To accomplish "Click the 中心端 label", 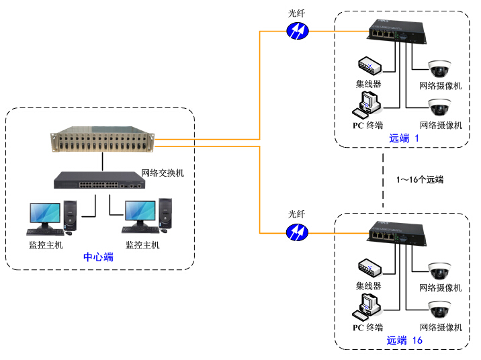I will pos(98,257).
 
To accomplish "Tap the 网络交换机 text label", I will pos(163,173).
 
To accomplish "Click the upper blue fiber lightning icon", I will pos(296,31).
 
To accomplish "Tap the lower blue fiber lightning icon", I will pos(296,232).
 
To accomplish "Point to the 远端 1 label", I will pos(403,138).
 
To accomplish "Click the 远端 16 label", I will pos(404,341).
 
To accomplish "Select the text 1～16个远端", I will pos(421,180).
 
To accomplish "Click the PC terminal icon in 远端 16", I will pos(369,306).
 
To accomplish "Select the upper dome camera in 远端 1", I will pos(440,69).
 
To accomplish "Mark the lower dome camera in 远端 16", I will pos(440,309).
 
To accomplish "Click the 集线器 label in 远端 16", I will pos(368,285).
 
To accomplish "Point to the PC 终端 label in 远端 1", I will pos(367,125).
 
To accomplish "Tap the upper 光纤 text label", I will pos(296,13).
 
